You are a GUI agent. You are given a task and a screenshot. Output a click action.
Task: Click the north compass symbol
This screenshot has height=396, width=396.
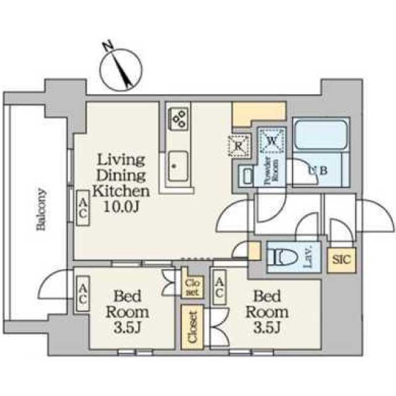(x=121, y=69)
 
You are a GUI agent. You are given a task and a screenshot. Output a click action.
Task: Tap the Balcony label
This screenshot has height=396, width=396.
(x=41, y=209)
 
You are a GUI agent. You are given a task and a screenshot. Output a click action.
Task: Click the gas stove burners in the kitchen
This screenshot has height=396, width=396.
(x=178, y=119)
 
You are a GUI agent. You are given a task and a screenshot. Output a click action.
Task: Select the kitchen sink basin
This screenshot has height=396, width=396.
(x=178, y=166)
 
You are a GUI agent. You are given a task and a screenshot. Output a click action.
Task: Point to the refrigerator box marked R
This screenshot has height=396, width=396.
(x=239, y=146)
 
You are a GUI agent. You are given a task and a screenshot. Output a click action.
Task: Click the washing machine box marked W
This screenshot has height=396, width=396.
(x=272, y=140)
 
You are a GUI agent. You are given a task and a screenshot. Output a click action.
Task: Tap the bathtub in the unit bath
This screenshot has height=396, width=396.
(x=321, y=135)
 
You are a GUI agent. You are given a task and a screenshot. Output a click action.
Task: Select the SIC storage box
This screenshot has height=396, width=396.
(x=342, y=260)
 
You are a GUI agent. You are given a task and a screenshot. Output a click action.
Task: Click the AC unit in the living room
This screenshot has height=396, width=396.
(x=83, y=208)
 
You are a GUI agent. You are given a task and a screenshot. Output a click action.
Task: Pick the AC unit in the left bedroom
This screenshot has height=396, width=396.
(x=83, y=294)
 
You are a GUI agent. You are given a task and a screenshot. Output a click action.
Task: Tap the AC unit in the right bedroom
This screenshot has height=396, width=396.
(x=219, y=286)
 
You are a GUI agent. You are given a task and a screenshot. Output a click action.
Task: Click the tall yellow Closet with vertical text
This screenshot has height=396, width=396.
(x=192, y=327)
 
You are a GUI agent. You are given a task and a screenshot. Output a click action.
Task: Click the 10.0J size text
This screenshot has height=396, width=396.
(x=121, y=207)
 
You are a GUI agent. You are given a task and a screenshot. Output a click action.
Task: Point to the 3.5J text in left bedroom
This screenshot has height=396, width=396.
(x=127, y=327)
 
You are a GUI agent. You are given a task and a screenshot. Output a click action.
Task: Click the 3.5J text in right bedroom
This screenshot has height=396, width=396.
(x=267, y=327)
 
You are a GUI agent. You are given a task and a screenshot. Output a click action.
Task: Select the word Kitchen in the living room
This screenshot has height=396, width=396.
(x=121, y=192)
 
